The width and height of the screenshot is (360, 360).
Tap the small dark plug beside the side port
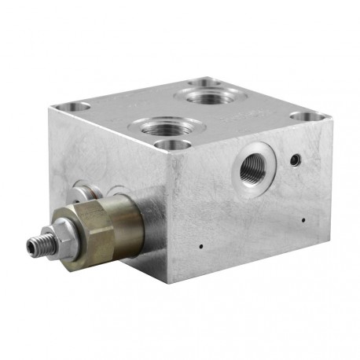pos(296,160)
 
